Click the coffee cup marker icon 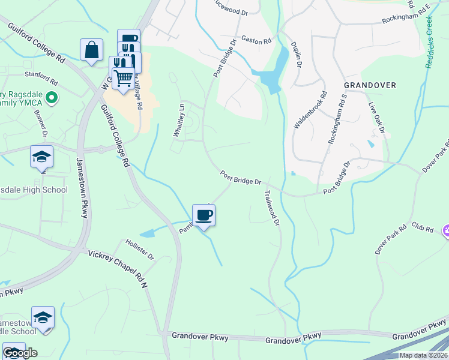[204, 215]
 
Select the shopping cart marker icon [123, 78]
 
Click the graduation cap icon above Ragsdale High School [41, 157]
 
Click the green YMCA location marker [52, 97]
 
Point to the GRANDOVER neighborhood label [370, 85]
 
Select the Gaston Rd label [256, 40]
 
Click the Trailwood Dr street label [271, 208]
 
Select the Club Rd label [423, 227]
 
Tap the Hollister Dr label [139, 250]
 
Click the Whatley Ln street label [177, 120]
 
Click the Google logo [20, 352]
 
